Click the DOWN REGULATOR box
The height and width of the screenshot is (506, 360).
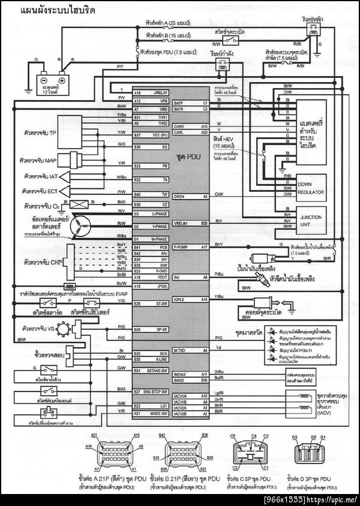coord(310,189)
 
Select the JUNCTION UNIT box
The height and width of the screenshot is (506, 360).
coord(310,221)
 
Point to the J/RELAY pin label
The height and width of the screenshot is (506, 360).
coord(160,93)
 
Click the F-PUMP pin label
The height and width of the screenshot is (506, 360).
coord(181,247)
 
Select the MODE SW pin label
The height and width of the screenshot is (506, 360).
coord(160,414)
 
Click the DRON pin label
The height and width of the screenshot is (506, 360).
coord(179,196)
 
